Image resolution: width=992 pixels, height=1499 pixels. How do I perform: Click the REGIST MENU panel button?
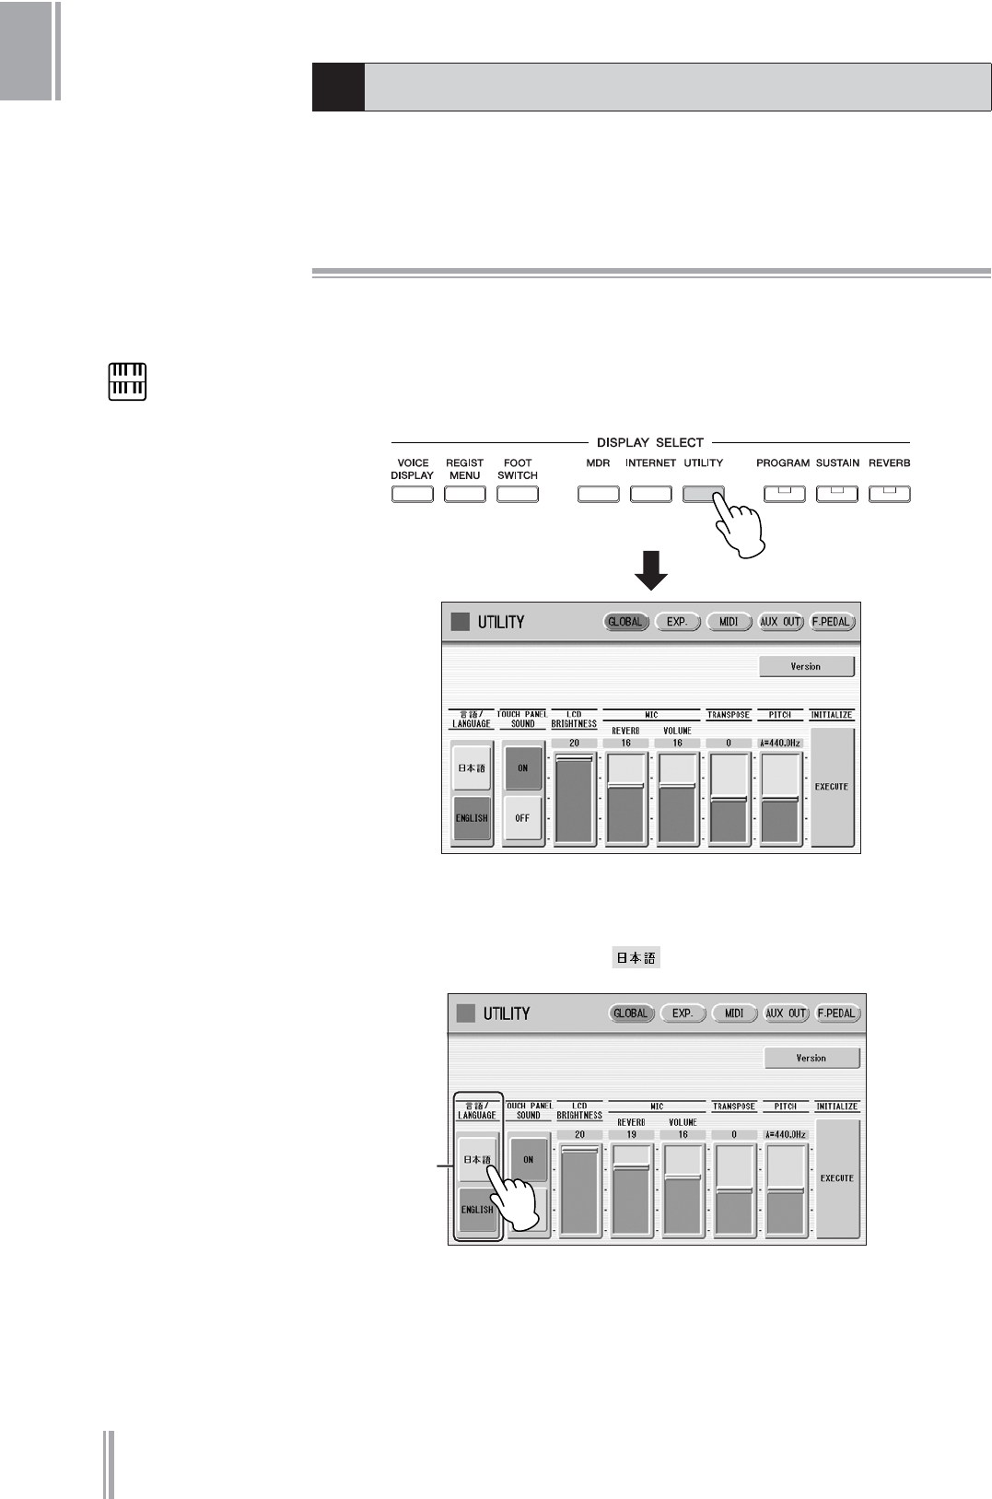(464, 494)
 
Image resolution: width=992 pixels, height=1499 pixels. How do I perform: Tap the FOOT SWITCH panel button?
(518, 494)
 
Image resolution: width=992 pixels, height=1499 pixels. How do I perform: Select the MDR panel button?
(598, 494)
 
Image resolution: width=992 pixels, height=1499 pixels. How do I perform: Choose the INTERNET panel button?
(650, 494)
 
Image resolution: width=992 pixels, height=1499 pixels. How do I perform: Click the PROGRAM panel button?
(784, 494)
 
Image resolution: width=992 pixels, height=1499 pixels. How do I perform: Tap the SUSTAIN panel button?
(837, 494)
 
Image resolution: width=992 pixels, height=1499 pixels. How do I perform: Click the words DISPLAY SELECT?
(649, 442)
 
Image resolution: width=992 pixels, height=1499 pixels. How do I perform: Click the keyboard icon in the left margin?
(127, 381)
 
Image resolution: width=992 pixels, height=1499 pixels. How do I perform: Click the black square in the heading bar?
(338, 88)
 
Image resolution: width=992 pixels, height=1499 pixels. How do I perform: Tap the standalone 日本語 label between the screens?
(636, 958)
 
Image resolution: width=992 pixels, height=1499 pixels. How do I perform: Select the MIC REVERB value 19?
(632, 1134)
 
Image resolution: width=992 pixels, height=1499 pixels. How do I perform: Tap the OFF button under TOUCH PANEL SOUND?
(522, 818)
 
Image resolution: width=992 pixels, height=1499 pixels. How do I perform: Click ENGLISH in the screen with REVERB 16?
(472, 818)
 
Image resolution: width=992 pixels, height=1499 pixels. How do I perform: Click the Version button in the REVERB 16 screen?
(806, 666)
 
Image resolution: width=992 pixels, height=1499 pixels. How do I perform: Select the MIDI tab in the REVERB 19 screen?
(734, 1013)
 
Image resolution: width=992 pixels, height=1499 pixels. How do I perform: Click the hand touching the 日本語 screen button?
(513, 1198)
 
